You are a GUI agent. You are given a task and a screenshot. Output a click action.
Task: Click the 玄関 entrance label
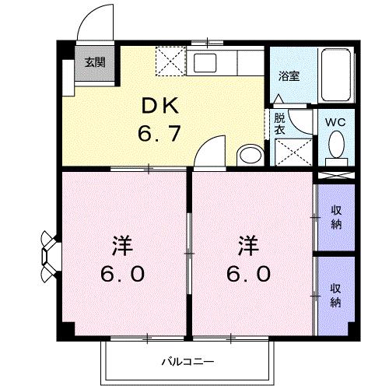pos(95,63)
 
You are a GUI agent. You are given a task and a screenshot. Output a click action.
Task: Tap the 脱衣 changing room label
pos(279,124)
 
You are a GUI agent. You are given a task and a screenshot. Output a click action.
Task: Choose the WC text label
pos(336,122)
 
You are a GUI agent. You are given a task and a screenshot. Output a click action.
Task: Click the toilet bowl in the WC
pos(336,146)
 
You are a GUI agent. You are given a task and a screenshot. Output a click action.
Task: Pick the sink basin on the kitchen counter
pos(208,62)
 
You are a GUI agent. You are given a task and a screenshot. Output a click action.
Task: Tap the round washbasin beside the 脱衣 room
pos(249,155)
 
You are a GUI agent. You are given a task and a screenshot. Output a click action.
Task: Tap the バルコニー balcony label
pos(189,361)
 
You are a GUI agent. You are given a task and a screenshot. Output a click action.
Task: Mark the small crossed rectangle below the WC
pos(336,176)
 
